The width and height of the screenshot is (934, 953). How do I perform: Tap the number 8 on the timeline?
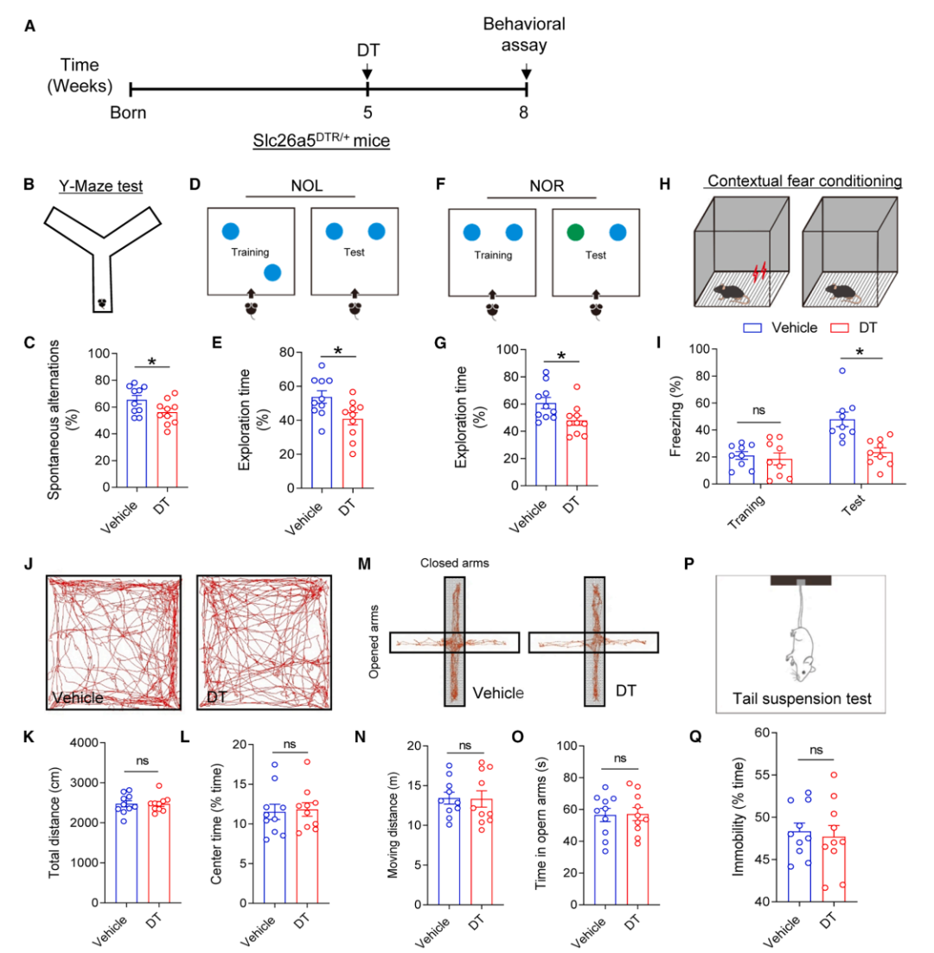525,112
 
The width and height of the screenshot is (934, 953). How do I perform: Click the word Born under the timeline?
129,112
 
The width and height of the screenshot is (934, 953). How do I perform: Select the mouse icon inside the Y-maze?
102,303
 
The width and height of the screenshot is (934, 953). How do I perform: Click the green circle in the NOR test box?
574,232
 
